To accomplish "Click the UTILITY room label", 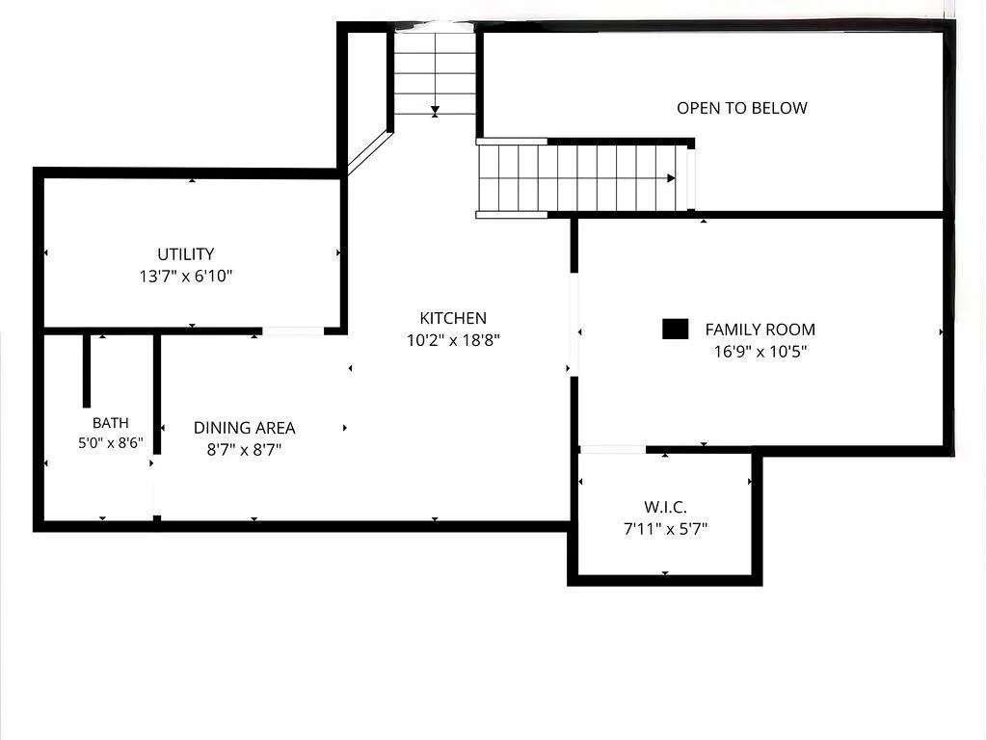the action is (x=186, y=254).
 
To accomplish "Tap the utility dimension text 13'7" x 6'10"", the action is (x=186, y=277).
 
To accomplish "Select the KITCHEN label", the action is (x=453, y=318).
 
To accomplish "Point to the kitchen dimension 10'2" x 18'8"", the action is (x=453, y=340).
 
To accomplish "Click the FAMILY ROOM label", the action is (x=760, y=330).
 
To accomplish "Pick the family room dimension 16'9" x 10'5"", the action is (x=760, y=352).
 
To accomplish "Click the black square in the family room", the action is (x=675, y=330).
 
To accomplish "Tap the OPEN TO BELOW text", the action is (x=742, y=108).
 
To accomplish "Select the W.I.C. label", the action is (x=665, y=507).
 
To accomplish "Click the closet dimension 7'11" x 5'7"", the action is (x=665, y=529).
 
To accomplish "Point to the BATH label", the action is (x=111, y=423).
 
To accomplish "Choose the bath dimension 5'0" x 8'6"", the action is (x=111, y=443).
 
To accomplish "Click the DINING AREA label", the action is (x=244, y=428).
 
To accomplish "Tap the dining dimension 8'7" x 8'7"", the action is (x=244, y=450).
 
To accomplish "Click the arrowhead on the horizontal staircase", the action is (x=671, y=178).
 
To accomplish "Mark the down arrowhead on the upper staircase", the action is (x=435, y=112).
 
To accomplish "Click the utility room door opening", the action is (x=293, y=331).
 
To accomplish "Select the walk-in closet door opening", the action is (x=612, y=449).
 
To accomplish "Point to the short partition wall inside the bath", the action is (x=87, y=371).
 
